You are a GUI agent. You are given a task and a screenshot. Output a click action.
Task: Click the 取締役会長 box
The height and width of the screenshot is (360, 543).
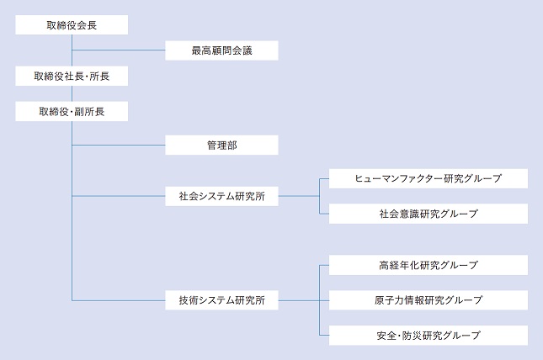[72, 25]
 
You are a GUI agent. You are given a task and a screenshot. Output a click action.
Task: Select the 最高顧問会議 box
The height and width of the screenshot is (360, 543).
[221, 50]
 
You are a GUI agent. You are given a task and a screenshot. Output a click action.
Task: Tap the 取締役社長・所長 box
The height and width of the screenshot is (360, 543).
[72, 76]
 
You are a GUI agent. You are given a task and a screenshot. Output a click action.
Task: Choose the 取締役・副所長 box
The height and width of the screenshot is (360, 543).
[72, 110]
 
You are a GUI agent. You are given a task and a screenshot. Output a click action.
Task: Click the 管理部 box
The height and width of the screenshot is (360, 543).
[221, 146]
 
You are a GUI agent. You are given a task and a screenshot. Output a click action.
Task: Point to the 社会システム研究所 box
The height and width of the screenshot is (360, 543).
[221, 196]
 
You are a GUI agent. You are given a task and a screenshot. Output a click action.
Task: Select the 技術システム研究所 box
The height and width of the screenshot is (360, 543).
[221, 299]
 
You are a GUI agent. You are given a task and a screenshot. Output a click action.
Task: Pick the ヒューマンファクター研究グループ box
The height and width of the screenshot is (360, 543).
[429, 178]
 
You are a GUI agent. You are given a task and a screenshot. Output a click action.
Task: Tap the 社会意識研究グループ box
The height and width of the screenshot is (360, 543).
[429, 214]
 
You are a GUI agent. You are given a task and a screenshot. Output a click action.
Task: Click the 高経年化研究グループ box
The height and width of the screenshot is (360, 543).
[429, 265]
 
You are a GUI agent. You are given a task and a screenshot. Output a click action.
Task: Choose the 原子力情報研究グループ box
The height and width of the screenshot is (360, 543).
[429, 299]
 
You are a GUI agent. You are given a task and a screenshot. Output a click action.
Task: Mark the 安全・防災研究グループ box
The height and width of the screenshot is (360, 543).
[429, 335]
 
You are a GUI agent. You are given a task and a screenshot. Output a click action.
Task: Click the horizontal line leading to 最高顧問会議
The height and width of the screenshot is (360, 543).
[119, 50]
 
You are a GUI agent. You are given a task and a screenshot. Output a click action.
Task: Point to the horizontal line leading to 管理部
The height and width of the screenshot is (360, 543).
[119, 146]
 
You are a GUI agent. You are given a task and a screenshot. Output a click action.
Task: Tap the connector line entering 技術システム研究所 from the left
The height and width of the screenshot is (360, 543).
[119, 299]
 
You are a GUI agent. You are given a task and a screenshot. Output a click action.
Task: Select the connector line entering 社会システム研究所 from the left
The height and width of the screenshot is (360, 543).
[119, 196]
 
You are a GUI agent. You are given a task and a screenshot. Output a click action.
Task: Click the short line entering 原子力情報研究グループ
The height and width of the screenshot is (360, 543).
[324, 299]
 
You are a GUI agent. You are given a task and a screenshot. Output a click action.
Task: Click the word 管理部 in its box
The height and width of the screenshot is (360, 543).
[221, 146]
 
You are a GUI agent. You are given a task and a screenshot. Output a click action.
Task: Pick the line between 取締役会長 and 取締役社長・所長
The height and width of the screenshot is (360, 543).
[72, 50]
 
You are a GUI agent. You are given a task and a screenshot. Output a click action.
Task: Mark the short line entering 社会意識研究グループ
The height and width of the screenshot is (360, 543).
[324, 214]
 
